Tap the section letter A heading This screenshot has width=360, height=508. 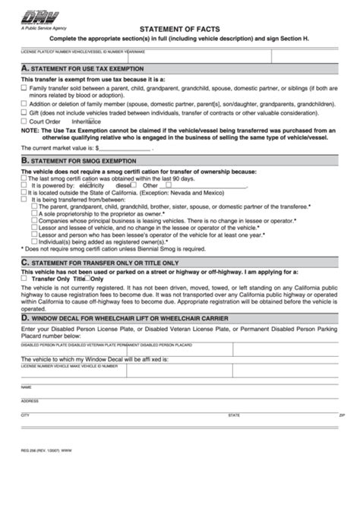click(25, 68)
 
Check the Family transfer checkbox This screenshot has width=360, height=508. click(24, 88)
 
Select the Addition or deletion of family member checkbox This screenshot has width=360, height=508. click(24, 104)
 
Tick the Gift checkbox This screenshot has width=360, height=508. click(24, 112)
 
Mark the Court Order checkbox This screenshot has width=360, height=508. click(24, 121)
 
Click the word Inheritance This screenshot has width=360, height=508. click(86, 121)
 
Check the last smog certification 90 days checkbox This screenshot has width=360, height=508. click(24, 178)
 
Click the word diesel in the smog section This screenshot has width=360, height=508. click(122, 185)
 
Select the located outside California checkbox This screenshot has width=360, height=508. click(24, 191)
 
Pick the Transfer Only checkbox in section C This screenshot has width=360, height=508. click(24, 279)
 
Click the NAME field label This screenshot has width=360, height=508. click(27, 386)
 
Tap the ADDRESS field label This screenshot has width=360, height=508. click(30, 401)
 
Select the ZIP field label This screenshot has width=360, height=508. click(341, 415)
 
